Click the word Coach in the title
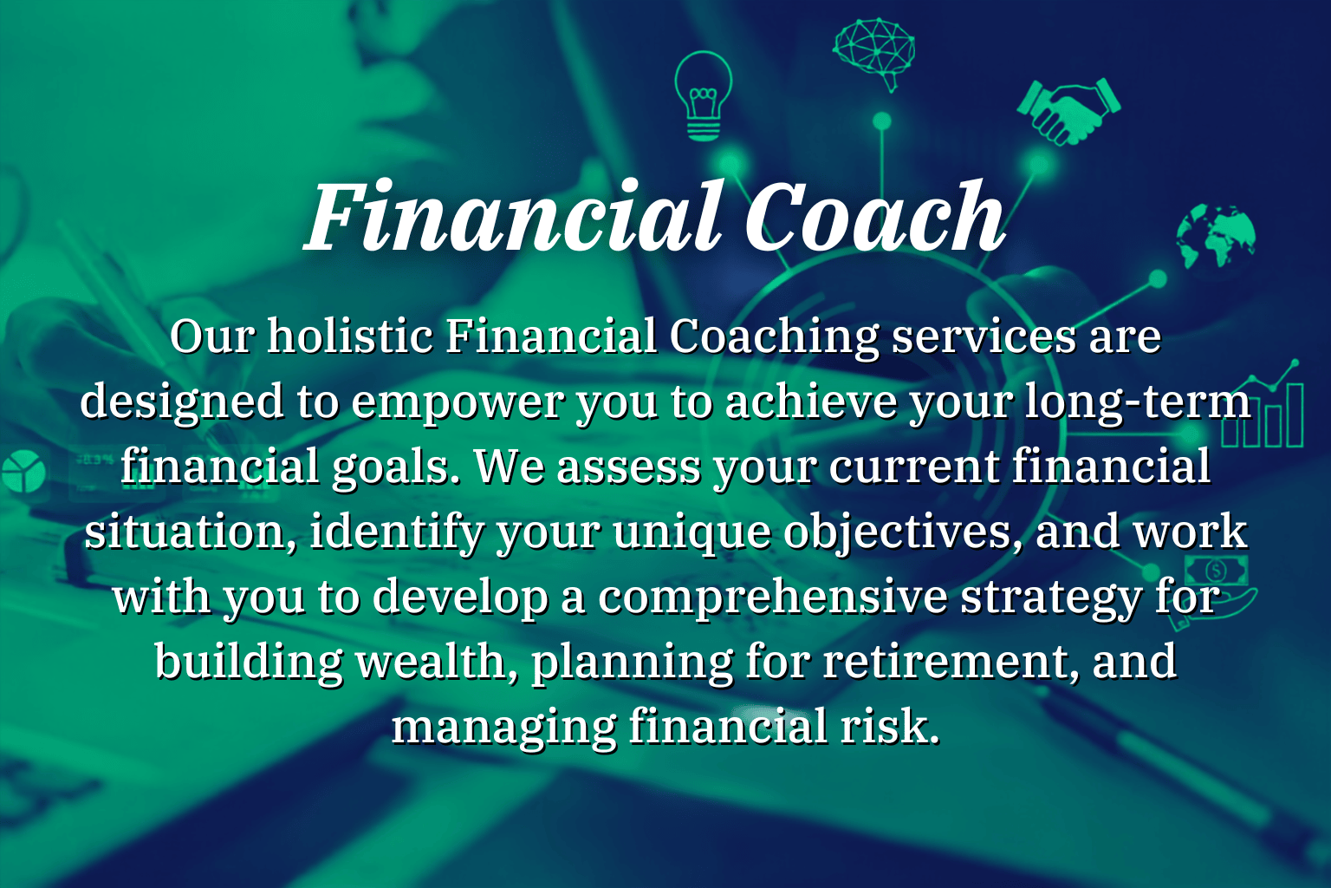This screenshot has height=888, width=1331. tap(874, 216)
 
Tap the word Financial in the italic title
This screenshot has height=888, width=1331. tap(515, 216)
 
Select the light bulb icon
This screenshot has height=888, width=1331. tap(704, 95)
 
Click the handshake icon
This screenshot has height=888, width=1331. tap(1068, 111)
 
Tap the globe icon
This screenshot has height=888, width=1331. tap(1216, 236)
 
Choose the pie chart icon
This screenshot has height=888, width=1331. tap(23, 471)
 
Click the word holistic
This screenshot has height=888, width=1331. tap(350, 336)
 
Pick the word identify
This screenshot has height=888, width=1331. tap(396, 533)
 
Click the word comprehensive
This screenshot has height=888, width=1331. tap(772, 598)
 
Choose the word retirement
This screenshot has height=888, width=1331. tap(951, 663)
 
